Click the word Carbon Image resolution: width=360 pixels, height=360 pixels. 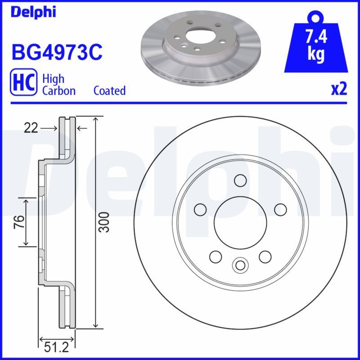point(58,90)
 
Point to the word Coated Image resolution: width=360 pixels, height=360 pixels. point(109,90)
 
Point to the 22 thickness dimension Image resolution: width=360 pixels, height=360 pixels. point(30,129)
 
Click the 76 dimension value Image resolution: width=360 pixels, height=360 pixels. point(18,222)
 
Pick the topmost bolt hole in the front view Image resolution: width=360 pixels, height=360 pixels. point(240,180)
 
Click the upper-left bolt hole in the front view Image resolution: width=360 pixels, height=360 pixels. point(200,209)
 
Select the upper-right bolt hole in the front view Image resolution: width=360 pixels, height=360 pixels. point(280,209)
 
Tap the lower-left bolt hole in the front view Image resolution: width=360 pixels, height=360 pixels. point(216,256)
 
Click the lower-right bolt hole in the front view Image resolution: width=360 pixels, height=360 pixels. point(265,256)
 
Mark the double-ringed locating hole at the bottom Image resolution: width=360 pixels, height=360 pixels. point(240,264)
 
